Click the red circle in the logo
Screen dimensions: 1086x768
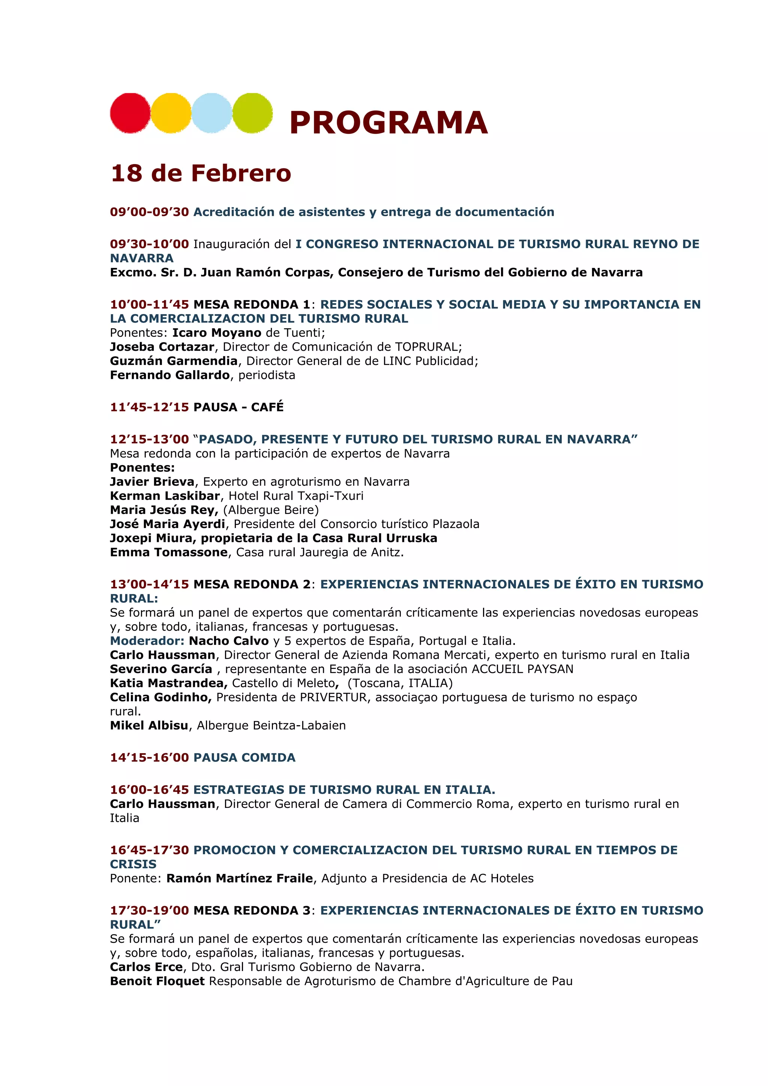[x=130, y=113]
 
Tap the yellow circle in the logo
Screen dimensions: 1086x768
[x=171, y=113]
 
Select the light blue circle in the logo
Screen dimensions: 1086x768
[x=211, y=113]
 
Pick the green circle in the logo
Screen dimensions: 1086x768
[x=252, y=113]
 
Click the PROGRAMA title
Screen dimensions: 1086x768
[x=388, y=123]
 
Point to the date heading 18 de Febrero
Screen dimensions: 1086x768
[x=201, y=173]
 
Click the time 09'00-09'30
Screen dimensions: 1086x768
[x=150, y=212]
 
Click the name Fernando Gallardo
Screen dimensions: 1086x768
[x=170, y=375]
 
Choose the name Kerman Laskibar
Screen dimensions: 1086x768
[x=165, y=496]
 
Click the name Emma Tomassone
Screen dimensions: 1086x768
[x=169, y=552]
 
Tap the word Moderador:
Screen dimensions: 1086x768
[x=147, y=641]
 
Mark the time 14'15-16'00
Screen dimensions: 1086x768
[x=150, y=757]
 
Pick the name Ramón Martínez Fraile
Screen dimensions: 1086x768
[x=240, y=878]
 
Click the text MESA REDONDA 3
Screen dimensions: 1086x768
[x=252, y=911]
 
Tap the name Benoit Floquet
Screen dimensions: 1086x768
[x=157, y=981]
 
